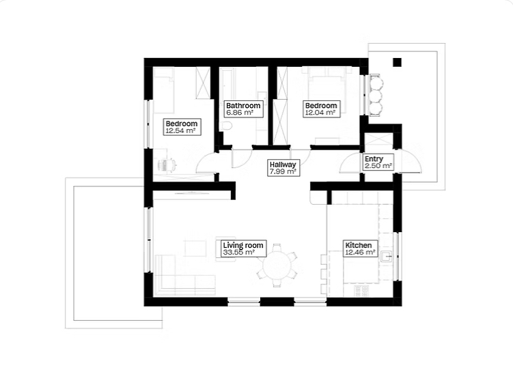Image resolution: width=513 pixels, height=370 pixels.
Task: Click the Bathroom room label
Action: coord(243,106)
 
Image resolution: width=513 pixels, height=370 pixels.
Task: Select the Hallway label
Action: coord(283,165)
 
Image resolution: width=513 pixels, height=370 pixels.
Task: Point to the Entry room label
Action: coord(374,159)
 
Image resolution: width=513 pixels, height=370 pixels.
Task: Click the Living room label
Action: coord(243,245)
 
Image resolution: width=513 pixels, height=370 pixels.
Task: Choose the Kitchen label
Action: coord(359,245)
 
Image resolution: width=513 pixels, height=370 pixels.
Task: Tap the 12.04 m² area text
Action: coord(320,113)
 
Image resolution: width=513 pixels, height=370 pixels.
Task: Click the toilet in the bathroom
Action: coord(226,126)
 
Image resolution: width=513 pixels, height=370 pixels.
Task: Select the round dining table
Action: coord(277,266)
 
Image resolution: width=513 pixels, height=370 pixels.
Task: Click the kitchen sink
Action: coord(387,256)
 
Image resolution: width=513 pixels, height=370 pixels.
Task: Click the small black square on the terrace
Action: coord(397,62)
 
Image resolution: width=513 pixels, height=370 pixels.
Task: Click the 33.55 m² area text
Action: coord(239,253)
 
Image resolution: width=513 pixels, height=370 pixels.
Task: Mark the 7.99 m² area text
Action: coord(283,171)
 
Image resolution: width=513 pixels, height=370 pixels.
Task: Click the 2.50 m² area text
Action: coord(378,166)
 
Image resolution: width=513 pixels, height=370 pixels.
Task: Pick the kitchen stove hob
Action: coord(362,290)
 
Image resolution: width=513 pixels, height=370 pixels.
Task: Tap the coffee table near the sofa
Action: coord(195,248)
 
